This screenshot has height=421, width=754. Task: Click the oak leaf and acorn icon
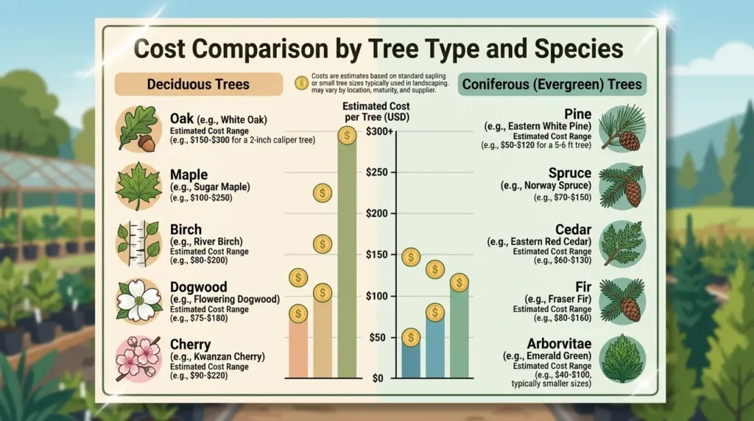(x=138, y=130)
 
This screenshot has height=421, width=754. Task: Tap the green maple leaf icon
(x=138, y=186)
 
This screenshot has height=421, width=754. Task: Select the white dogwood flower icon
(x=138, y=301)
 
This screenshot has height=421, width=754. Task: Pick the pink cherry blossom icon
(x=138, y=359)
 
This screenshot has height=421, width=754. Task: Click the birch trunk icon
(x=138, y=244)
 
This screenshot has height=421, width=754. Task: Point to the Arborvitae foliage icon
(x=622, y=359)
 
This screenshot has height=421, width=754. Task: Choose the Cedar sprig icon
(x=622, y=244)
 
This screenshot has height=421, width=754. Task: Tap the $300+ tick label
(x=379, y=131)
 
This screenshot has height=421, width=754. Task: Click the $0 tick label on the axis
(x=378, y=378)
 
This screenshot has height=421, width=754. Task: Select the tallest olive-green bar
(x=347, y=255)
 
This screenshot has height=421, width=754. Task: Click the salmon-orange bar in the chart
(x=298, y=347)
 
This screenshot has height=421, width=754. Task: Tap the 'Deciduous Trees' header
(x=198, y=84)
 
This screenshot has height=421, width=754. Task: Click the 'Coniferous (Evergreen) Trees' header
(x=552, y=84)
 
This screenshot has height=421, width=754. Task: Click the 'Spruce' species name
(x=570, y=173)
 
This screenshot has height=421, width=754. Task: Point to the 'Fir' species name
(x=583, y=287)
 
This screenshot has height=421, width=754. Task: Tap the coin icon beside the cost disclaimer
(x=301, y=84)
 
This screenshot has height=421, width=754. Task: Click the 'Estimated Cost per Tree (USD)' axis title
(x=376, y=111)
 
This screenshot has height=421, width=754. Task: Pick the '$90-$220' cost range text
(x=199, y=375)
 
